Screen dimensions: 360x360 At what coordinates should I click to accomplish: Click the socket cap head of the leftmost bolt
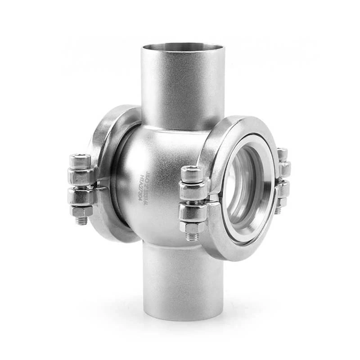tap(80, 161)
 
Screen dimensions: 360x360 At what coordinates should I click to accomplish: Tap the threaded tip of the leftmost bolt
tap(81, 221)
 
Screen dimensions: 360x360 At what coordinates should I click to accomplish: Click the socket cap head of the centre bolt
tap(193, 173)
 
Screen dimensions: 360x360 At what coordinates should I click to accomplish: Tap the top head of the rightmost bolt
tap(282, 153)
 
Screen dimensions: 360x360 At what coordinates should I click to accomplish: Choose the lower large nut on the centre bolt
tap(193, 211)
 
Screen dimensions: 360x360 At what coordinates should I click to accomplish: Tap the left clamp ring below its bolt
tap(108, 225)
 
